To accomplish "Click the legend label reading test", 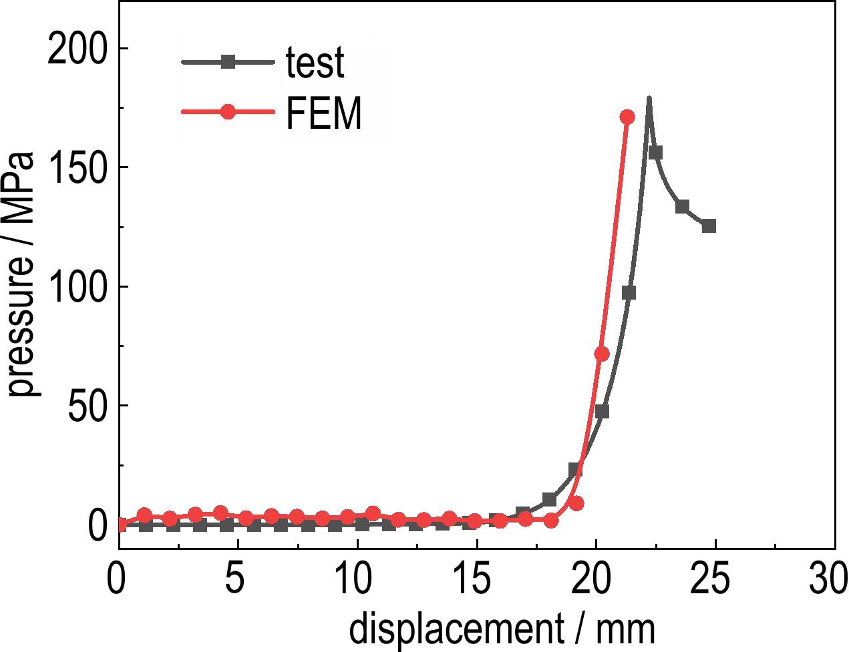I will tap(315, 63).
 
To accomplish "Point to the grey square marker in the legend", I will tap(228, 62).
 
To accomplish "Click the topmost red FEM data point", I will tap(627, 117).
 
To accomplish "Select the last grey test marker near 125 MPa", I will tap(709, 226).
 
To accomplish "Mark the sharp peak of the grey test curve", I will tap(649, 99).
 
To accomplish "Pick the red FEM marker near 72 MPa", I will tap(601, 354).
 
